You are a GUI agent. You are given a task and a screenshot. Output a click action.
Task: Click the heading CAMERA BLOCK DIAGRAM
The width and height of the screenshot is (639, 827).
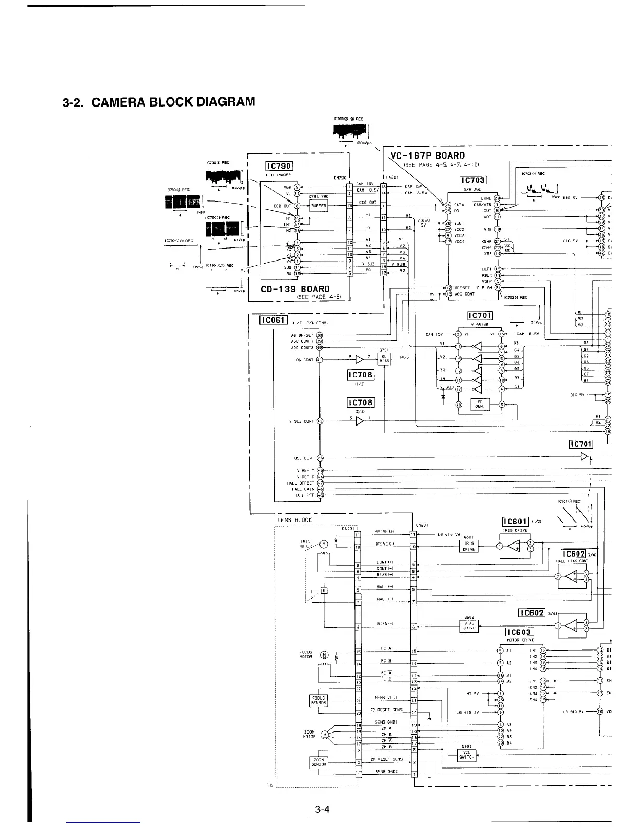pos(159,101)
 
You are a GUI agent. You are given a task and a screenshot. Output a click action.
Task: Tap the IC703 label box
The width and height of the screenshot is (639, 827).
pos(472,180)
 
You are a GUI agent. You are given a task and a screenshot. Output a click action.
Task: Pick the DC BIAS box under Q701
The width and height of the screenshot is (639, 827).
pos(384,358)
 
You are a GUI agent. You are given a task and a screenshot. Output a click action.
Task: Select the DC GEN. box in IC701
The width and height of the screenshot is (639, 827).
pos(480,405)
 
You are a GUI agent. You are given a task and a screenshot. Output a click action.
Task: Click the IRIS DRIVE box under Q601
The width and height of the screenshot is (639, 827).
pos(469,546)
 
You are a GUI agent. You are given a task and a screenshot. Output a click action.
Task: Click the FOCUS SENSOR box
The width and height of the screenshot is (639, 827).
pos(318,700)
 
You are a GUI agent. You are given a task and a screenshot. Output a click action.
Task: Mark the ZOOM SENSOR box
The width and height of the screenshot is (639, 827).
pos(318,762)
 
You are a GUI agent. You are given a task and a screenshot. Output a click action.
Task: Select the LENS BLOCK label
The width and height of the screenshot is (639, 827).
pos(295,519)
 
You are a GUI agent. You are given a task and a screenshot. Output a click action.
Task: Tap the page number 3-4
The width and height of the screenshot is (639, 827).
pos(322,810)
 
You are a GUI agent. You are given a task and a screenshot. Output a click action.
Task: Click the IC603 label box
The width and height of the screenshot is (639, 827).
pos(519,633)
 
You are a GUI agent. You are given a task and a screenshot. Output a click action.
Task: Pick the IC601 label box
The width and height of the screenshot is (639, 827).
pos(515,522)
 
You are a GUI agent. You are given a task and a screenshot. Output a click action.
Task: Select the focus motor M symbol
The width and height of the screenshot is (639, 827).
pos(324,655)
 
